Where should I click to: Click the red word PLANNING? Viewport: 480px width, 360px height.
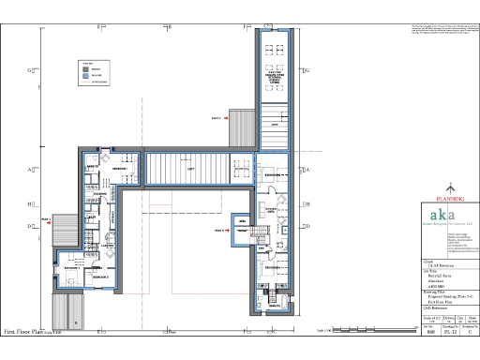447,199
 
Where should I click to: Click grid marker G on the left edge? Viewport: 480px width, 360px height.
31,70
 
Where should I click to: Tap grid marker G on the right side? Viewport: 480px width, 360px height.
306,70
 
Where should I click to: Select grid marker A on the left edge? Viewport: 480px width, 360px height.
31,170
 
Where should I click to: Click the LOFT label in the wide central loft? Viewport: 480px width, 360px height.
189,171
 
